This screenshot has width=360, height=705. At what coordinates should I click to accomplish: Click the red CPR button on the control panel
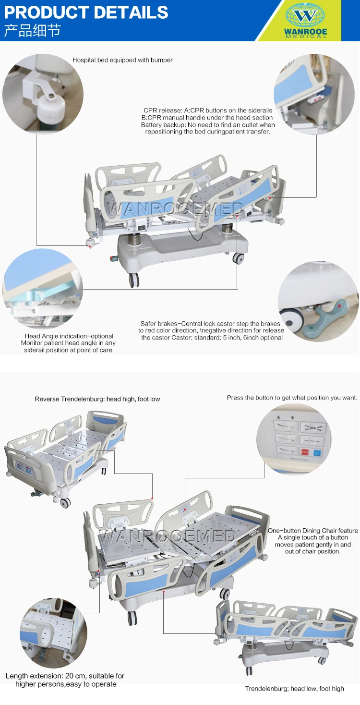click(305, 451)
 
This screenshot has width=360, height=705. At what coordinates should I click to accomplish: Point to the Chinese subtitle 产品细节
click(32, 31)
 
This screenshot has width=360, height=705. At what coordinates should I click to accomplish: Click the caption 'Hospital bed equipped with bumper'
click(122, 60)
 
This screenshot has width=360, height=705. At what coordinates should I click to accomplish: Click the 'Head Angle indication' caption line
click(69, 336)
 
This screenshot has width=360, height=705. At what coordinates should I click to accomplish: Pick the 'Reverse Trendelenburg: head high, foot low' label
click(97, 399)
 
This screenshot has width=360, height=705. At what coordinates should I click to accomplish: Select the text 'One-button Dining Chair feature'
click(312, 531)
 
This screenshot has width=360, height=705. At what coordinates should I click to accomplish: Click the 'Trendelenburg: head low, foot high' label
click(294, 689)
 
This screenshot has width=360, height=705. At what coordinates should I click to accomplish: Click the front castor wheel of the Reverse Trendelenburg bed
click(65, 502)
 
